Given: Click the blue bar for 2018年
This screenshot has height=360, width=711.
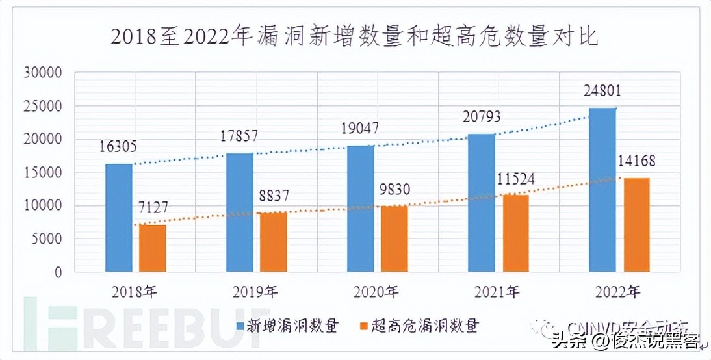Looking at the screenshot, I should tap(118, 217).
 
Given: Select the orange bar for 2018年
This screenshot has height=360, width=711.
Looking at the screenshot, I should tap(152, 248).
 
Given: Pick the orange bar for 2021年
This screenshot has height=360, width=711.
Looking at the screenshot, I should tap(515, 233).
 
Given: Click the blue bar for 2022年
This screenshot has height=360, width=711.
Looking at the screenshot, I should tap(602, 189).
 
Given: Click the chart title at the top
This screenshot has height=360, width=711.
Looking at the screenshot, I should tap(355, 36).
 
